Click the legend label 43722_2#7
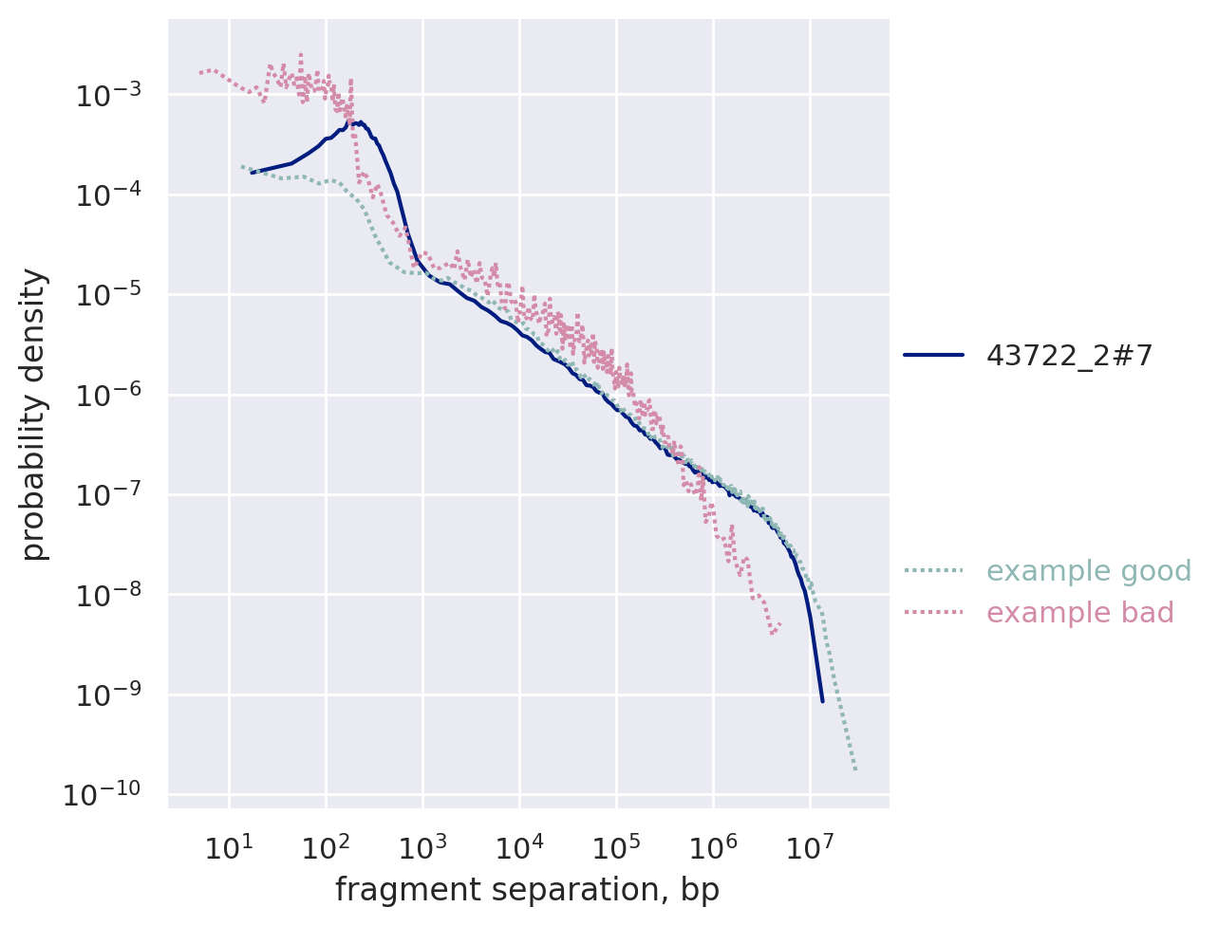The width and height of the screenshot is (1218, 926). pos(1069,356)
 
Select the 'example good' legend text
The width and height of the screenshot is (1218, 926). pos(1088,571)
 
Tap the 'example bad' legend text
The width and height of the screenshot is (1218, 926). pos(1079,613)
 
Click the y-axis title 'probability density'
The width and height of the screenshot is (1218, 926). pos(34,415)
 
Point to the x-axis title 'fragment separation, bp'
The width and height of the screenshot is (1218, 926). pos(527,890)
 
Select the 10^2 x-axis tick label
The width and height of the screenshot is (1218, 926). pos(325,847)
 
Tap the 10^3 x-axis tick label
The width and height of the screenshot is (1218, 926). pos(422,847)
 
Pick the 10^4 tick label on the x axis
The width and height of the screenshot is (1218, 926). pos(518,847)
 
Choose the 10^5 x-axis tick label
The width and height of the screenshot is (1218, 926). pos(615,847)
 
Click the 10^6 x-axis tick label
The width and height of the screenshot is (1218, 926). pos(712,847)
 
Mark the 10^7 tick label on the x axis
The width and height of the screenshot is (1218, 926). pos(809,847)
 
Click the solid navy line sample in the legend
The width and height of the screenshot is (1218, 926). pos(933,356)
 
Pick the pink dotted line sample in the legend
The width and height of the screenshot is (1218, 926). pos(933,613)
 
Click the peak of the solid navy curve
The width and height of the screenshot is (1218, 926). pos(361,121)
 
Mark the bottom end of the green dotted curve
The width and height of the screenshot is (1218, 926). pos(855,769)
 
